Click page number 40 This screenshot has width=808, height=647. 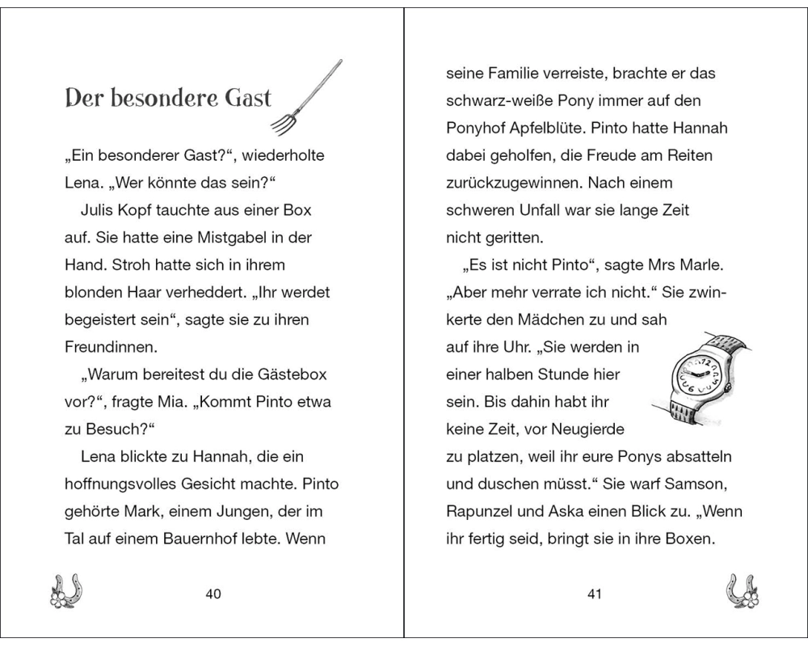pyautogui.click(x=213, y=594)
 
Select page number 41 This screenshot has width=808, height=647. pyautogui.click(x=595, y=594)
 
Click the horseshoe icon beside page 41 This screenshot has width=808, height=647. pyautogui.click(x=740, y=592)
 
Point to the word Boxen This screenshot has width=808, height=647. pyautogui.click(x=687, y=539)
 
